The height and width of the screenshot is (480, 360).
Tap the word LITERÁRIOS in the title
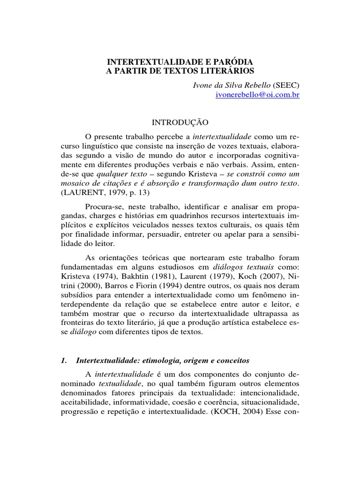pyautogui.click(x=225, y=71)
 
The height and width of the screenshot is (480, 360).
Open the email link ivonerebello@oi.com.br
pyautogui.click(x=257, y=94)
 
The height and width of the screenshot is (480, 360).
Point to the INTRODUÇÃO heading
pyautogui.click(x=180, y=122)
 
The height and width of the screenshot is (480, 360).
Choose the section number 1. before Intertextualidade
pyautogui.click(x=65, y=360)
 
